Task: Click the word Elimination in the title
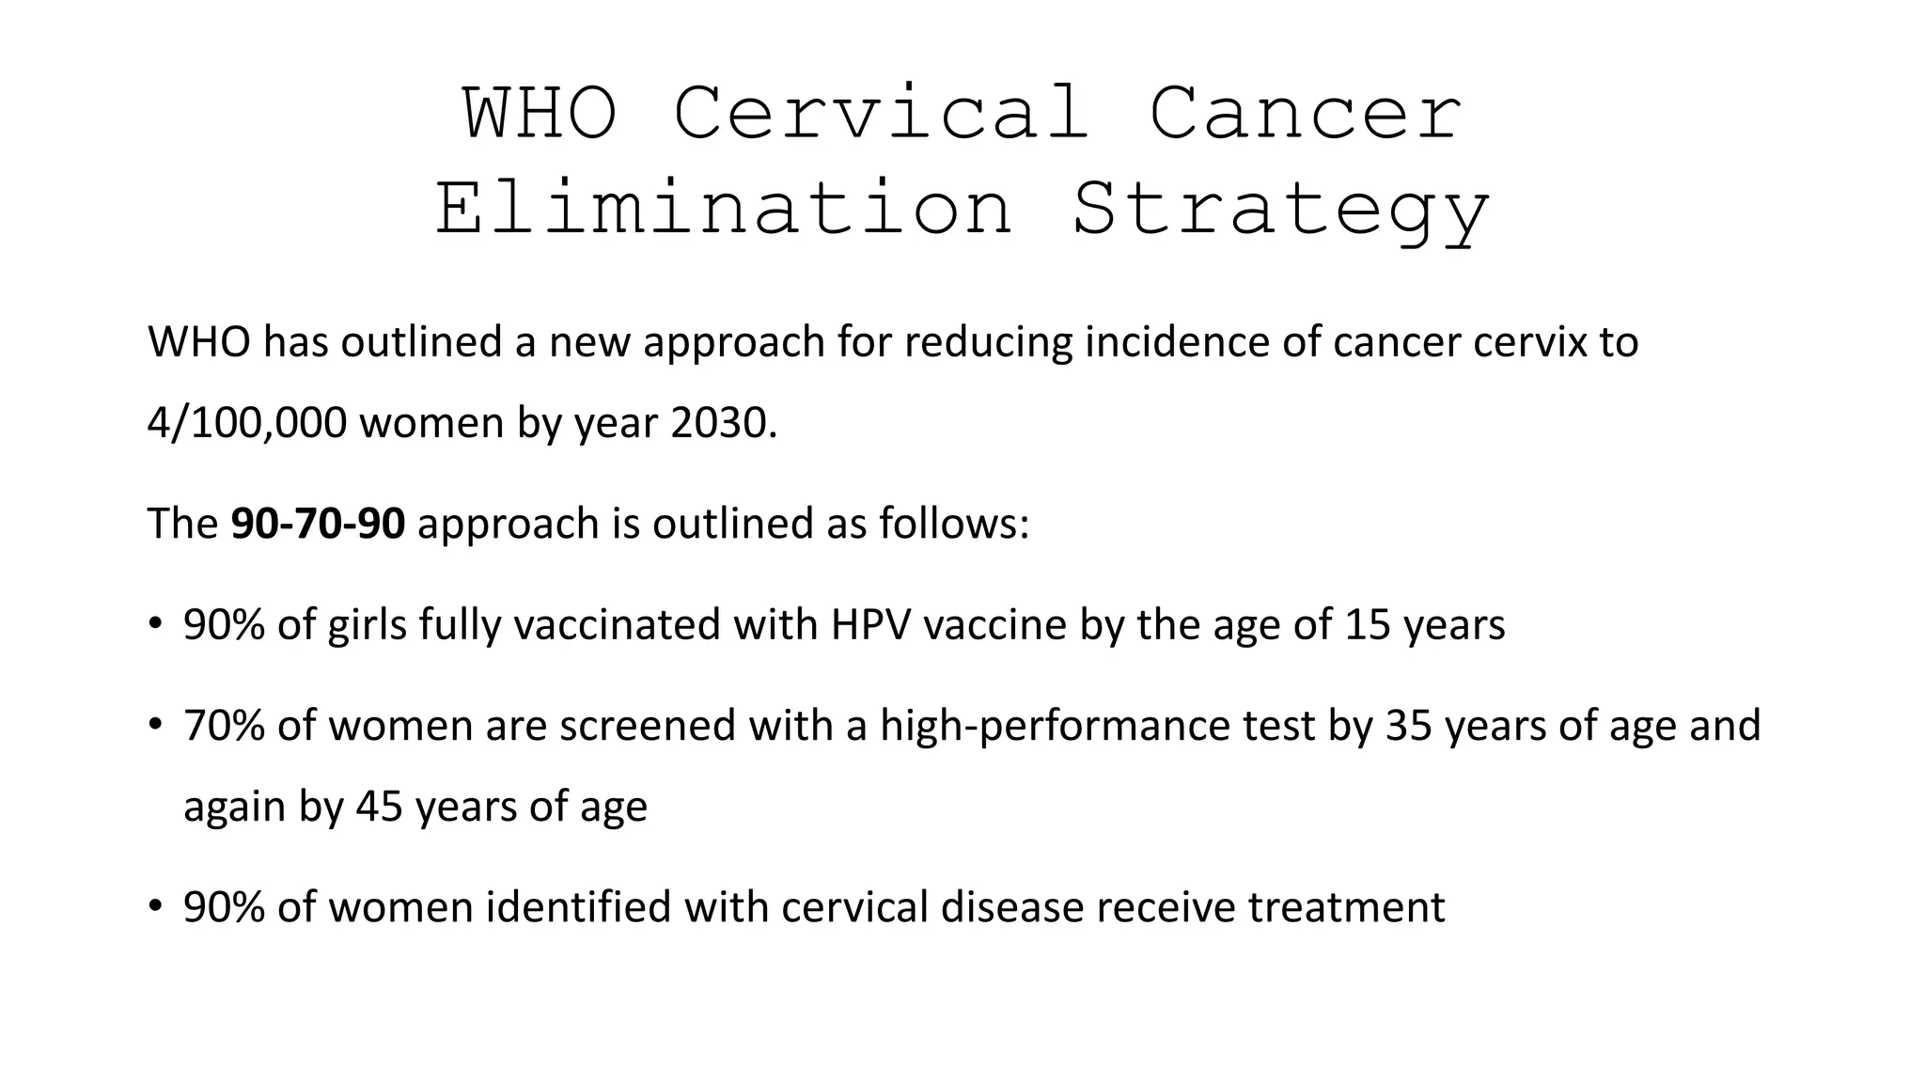pyautogui.click(x=724, y=209)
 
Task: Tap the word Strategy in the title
pyautogui.click(x=1281, y=211)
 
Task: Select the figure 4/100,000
pyautogui.click(x=247, y=423)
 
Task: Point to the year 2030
pyautogui.click(x=722, y=423)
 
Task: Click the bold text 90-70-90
pyautogui.click(x=318, y=524)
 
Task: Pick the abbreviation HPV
pyautogui.click(x=870, y=624)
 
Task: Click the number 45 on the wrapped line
pyautogui.click(x=379, y=807)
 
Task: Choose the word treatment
pyautogui.click(x=1346, y=907)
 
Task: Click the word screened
pyautogui.click(x=648, y=726)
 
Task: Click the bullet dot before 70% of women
pyautogui.click(x=155, y=725)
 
